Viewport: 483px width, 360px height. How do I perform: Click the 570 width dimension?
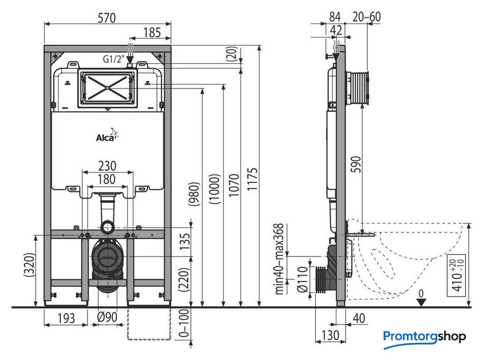[106, 18]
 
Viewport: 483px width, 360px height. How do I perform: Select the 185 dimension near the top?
[152, 32]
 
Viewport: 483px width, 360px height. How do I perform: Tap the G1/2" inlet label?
[113, 59]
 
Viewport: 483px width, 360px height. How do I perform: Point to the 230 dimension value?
[107, 166]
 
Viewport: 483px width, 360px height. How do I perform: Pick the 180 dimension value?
[106, 179]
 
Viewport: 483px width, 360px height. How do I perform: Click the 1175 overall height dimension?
[252, 179]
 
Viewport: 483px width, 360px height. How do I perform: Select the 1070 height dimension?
[234, 185]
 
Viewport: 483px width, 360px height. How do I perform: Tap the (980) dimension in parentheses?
[194, 193]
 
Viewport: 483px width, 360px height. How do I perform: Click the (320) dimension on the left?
[29, 265]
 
